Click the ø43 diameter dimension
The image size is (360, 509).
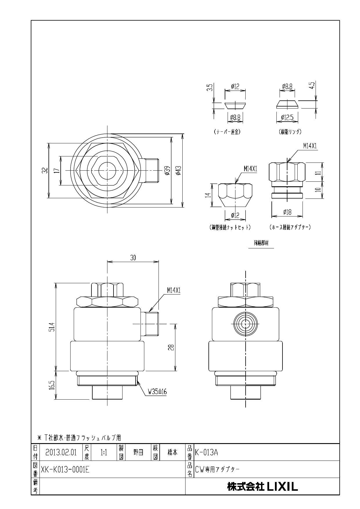(x=178, y=170)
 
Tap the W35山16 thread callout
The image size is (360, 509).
(x=157, y=391)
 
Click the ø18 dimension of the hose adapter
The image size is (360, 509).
(x=287, y=212)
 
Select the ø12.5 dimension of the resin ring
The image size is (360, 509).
(x=287, y=118)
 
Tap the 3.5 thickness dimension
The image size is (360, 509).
(x=211, y=87)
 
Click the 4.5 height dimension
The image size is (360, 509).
(x=312, y=85)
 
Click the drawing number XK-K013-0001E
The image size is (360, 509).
(x=65, y=469)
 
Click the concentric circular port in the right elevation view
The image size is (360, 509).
(x=246, y=323)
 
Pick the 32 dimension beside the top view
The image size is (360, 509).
(x=44, y=170)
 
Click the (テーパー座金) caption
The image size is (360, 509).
(x=227, y=131)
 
